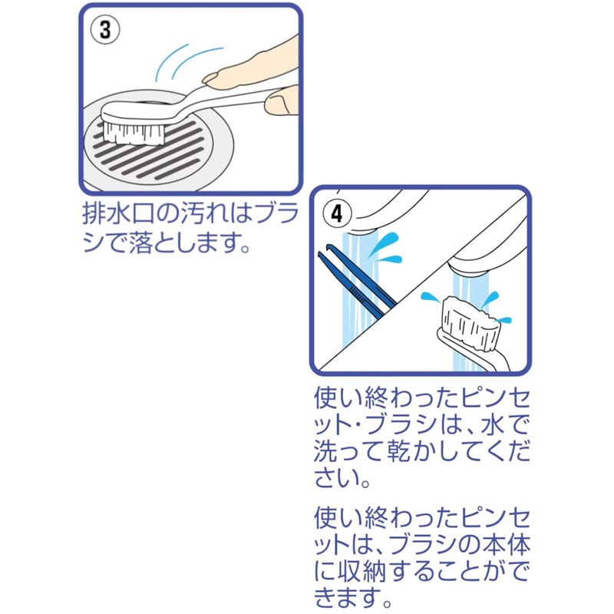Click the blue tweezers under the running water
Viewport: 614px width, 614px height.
click(x=360, y=282)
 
